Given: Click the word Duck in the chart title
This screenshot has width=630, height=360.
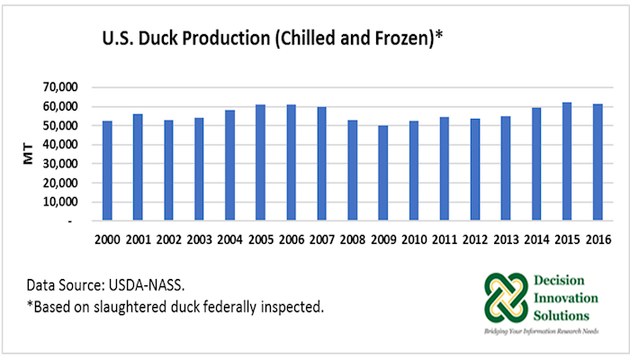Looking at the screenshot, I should [x=178, y=41].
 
